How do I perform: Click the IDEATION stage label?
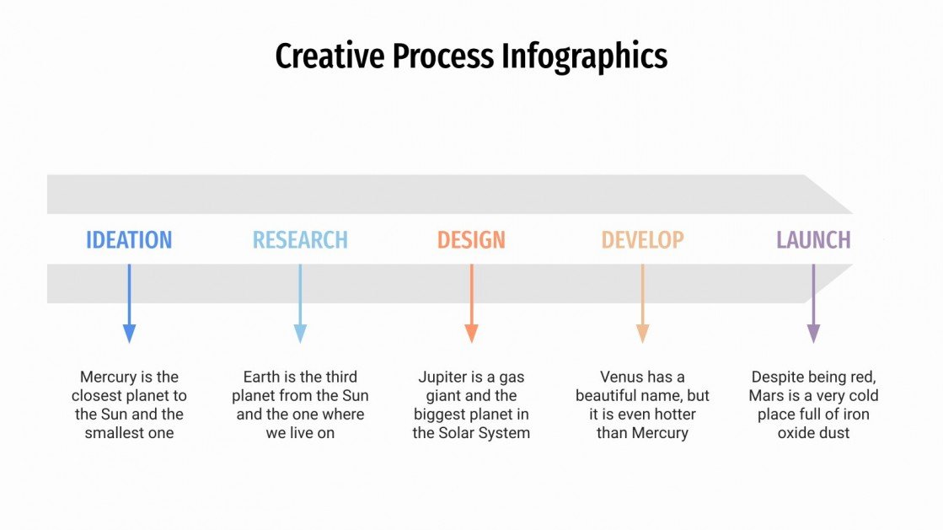[129, 239]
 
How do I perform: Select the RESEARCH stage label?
[300, 239]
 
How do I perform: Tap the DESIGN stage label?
[471, 239]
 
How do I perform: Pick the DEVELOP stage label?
[642, 239]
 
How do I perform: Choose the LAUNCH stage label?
[813, 239]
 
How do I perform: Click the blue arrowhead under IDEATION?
[129, 333]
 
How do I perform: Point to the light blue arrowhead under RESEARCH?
[300, 333]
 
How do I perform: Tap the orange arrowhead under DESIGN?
[471, 333]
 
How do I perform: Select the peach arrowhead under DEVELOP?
[642, 333]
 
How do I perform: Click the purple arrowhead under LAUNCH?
[813, 333]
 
